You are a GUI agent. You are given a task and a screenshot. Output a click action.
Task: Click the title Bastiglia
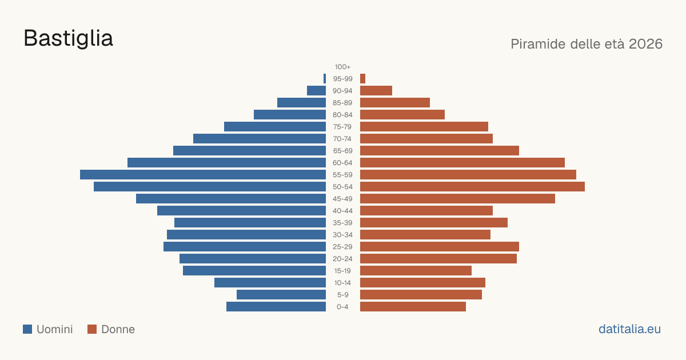coord(68,38)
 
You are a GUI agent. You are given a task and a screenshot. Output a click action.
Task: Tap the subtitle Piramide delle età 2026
coord(587,44)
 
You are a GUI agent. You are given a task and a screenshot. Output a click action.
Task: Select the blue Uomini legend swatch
coord(27,329)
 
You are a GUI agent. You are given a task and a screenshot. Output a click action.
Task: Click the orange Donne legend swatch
coord(92,329)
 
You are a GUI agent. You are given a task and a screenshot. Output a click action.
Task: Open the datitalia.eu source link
coord(629,329)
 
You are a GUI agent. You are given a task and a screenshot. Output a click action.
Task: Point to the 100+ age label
coord(342,67)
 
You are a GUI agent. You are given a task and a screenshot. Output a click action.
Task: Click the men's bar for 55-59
coord(203,174)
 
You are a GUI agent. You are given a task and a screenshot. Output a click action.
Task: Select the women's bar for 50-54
coord(472,187)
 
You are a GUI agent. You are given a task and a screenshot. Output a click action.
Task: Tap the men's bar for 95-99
coord(325,79)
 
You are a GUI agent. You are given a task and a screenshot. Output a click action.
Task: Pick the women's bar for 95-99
coord(362,79)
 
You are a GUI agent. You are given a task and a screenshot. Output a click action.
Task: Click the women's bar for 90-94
coord(376,91)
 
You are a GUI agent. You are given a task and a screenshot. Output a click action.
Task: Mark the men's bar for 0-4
coord(276,307)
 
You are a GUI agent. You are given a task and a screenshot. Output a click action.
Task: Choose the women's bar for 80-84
coord(402,115)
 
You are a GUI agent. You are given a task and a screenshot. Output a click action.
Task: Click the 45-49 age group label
coord(342,199)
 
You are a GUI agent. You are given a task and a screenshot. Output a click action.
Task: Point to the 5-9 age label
coord(342,295)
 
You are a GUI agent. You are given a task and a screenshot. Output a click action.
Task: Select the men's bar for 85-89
coord(301,102)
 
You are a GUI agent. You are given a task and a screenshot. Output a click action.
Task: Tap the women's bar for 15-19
coord(416,271)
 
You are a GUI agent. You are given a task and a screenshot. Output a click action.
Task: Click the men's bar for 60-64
coord(226,162)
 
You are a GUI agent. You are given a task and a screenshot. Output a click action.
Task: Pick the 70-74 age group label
coord(342,139)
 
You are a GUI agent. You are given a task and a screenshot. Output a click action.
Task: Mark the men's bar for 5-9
coord(281,295)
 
